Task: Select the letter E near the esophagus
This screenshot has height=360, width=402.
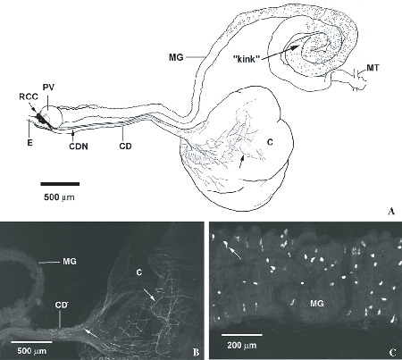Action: coord(29,142)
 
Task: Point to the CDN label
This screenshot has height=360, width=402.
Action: coord(77,146)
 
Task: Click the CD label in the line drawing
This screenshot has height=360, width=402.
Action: coord(125,146)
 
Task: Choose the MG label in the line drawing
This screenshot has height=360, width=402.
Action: coord(176,57)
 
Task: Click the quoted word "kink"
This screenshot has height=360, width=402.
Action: coord(245,60)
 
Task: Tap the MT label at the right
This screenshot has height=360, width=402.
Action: coord(373,68)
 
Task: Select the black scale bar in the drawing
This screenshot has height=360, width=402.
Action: coord(60,184)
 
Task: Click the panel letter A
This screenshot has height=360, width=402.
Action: coord(391,211)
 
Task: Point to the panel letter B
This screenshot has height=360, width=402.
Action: coord(196,353)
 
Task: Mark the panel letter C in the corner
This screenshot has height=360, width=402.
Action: coord(393,353)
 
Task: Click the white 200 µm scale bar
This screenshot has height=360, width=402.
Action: coord(242,335)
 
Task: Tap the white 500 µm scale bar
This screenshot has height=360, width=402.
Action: coord(31,341)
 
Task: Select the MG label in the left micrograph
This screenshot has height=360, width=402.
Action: coord(70,262)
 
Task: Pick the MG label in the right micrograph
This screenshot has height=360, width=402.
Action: coord(316,304)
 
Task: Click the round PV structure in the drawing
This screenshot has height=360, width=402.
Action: coord(51,116)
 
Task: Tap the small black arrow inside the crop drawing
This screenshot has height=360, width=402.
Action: coord(242,162)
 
